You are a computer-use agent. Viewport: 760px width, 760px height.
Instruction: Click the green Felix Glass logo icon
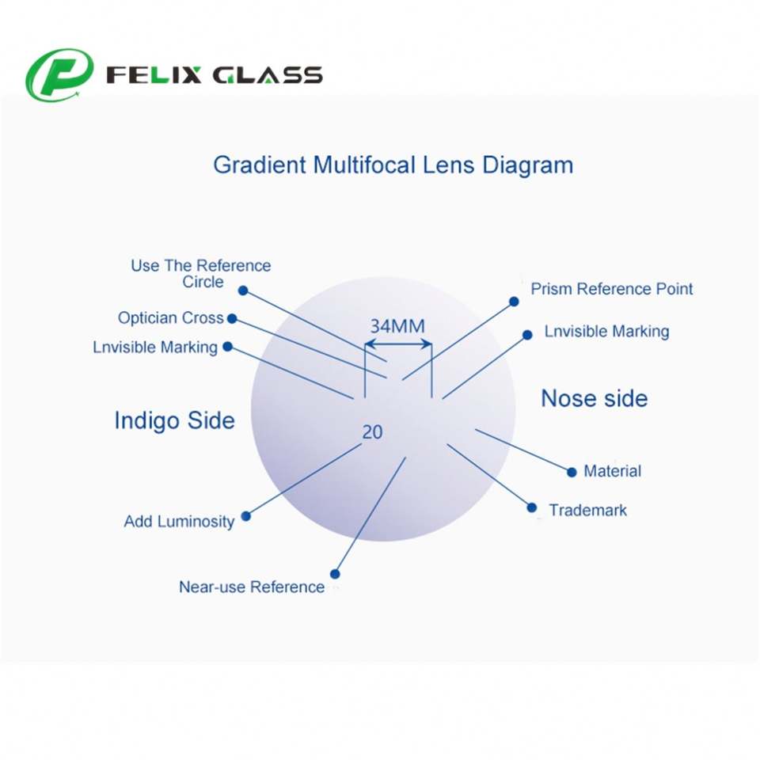(x=59, y=75)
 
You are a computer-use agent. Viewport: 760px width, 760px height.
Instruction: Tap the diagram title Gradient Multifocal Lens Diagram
(x=393, y=165)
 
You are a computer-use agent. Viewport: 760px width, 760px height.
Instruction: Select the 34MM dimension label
(x=397, y=325)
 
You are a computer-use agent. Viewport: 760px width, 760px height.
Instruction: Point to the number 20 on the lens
(x=372, y=432)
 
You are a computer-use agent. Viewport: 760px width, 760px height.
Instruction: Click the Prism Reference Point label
(x=611, y=289)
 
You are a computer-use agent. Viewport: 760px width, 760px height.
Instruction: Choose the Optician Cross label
(x=170, y=317)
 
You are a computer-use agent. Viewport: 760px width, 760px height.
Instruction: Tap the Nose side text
(x=594, y=398)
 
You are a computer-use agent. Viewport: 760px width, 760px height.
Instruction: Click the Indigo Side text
(x=174, y=420)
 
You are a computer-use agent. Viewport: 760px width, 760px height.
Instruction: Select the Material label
(x=612, y=471)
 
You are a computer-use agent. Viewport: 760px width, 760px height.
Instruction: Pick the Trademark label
(x=587, y=511)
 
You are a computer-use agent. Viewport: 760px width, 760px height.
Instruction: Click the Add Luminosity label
(x=179, y=522)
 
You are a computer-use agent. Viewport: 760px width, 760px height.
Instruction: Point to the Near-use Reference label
(x=252, y=587)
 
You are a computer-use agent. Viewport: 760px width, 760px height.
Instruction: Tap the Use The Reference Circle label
(x=201, y=274)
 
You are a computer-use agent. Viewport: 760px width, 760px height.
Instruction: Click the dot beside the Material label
(x=572, y=472)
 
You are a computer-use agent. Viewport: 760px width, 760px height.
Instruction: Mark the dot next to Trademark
(x=532, y=507)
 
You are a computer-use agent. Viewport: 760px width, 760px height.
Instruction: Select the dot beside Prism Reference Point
(x=514, y=302)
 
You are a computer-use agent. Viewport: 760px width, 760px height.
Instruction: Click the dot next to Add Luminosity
(x=245, y=516)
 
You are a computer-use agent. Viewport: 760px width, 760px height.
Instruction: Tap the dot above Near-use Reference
(x=335, y=574)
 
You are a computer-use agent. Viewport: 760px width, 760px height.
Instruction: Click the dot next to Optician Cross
(x=232, y=318)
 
